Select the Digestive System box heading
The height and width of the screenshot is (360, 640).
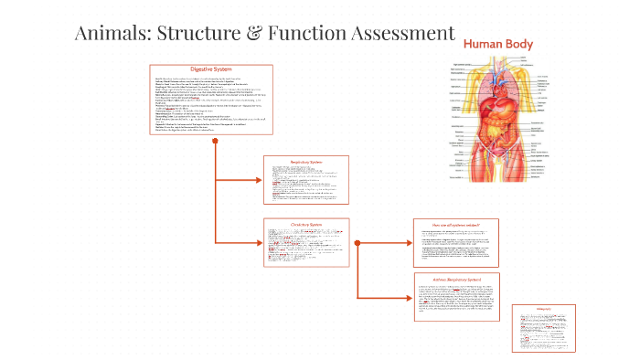pos(210,70)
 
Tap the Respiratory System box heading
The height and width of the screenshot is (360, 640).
pos(305,162)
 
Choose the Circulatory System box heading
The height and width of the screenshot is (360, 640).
pos(305,224)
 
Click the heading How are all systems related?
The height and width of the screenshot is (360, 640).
pos(455,224)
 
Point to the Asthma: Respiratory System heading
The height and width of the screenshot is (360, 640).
pos(455,279)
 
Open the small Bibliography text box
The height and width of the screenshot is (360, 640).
pos(544,327)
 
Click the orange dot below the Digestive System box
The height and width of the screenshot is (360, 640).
pos(215,143)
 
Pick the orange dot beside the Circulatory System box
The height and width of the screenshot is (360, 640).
pos(356,243)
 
